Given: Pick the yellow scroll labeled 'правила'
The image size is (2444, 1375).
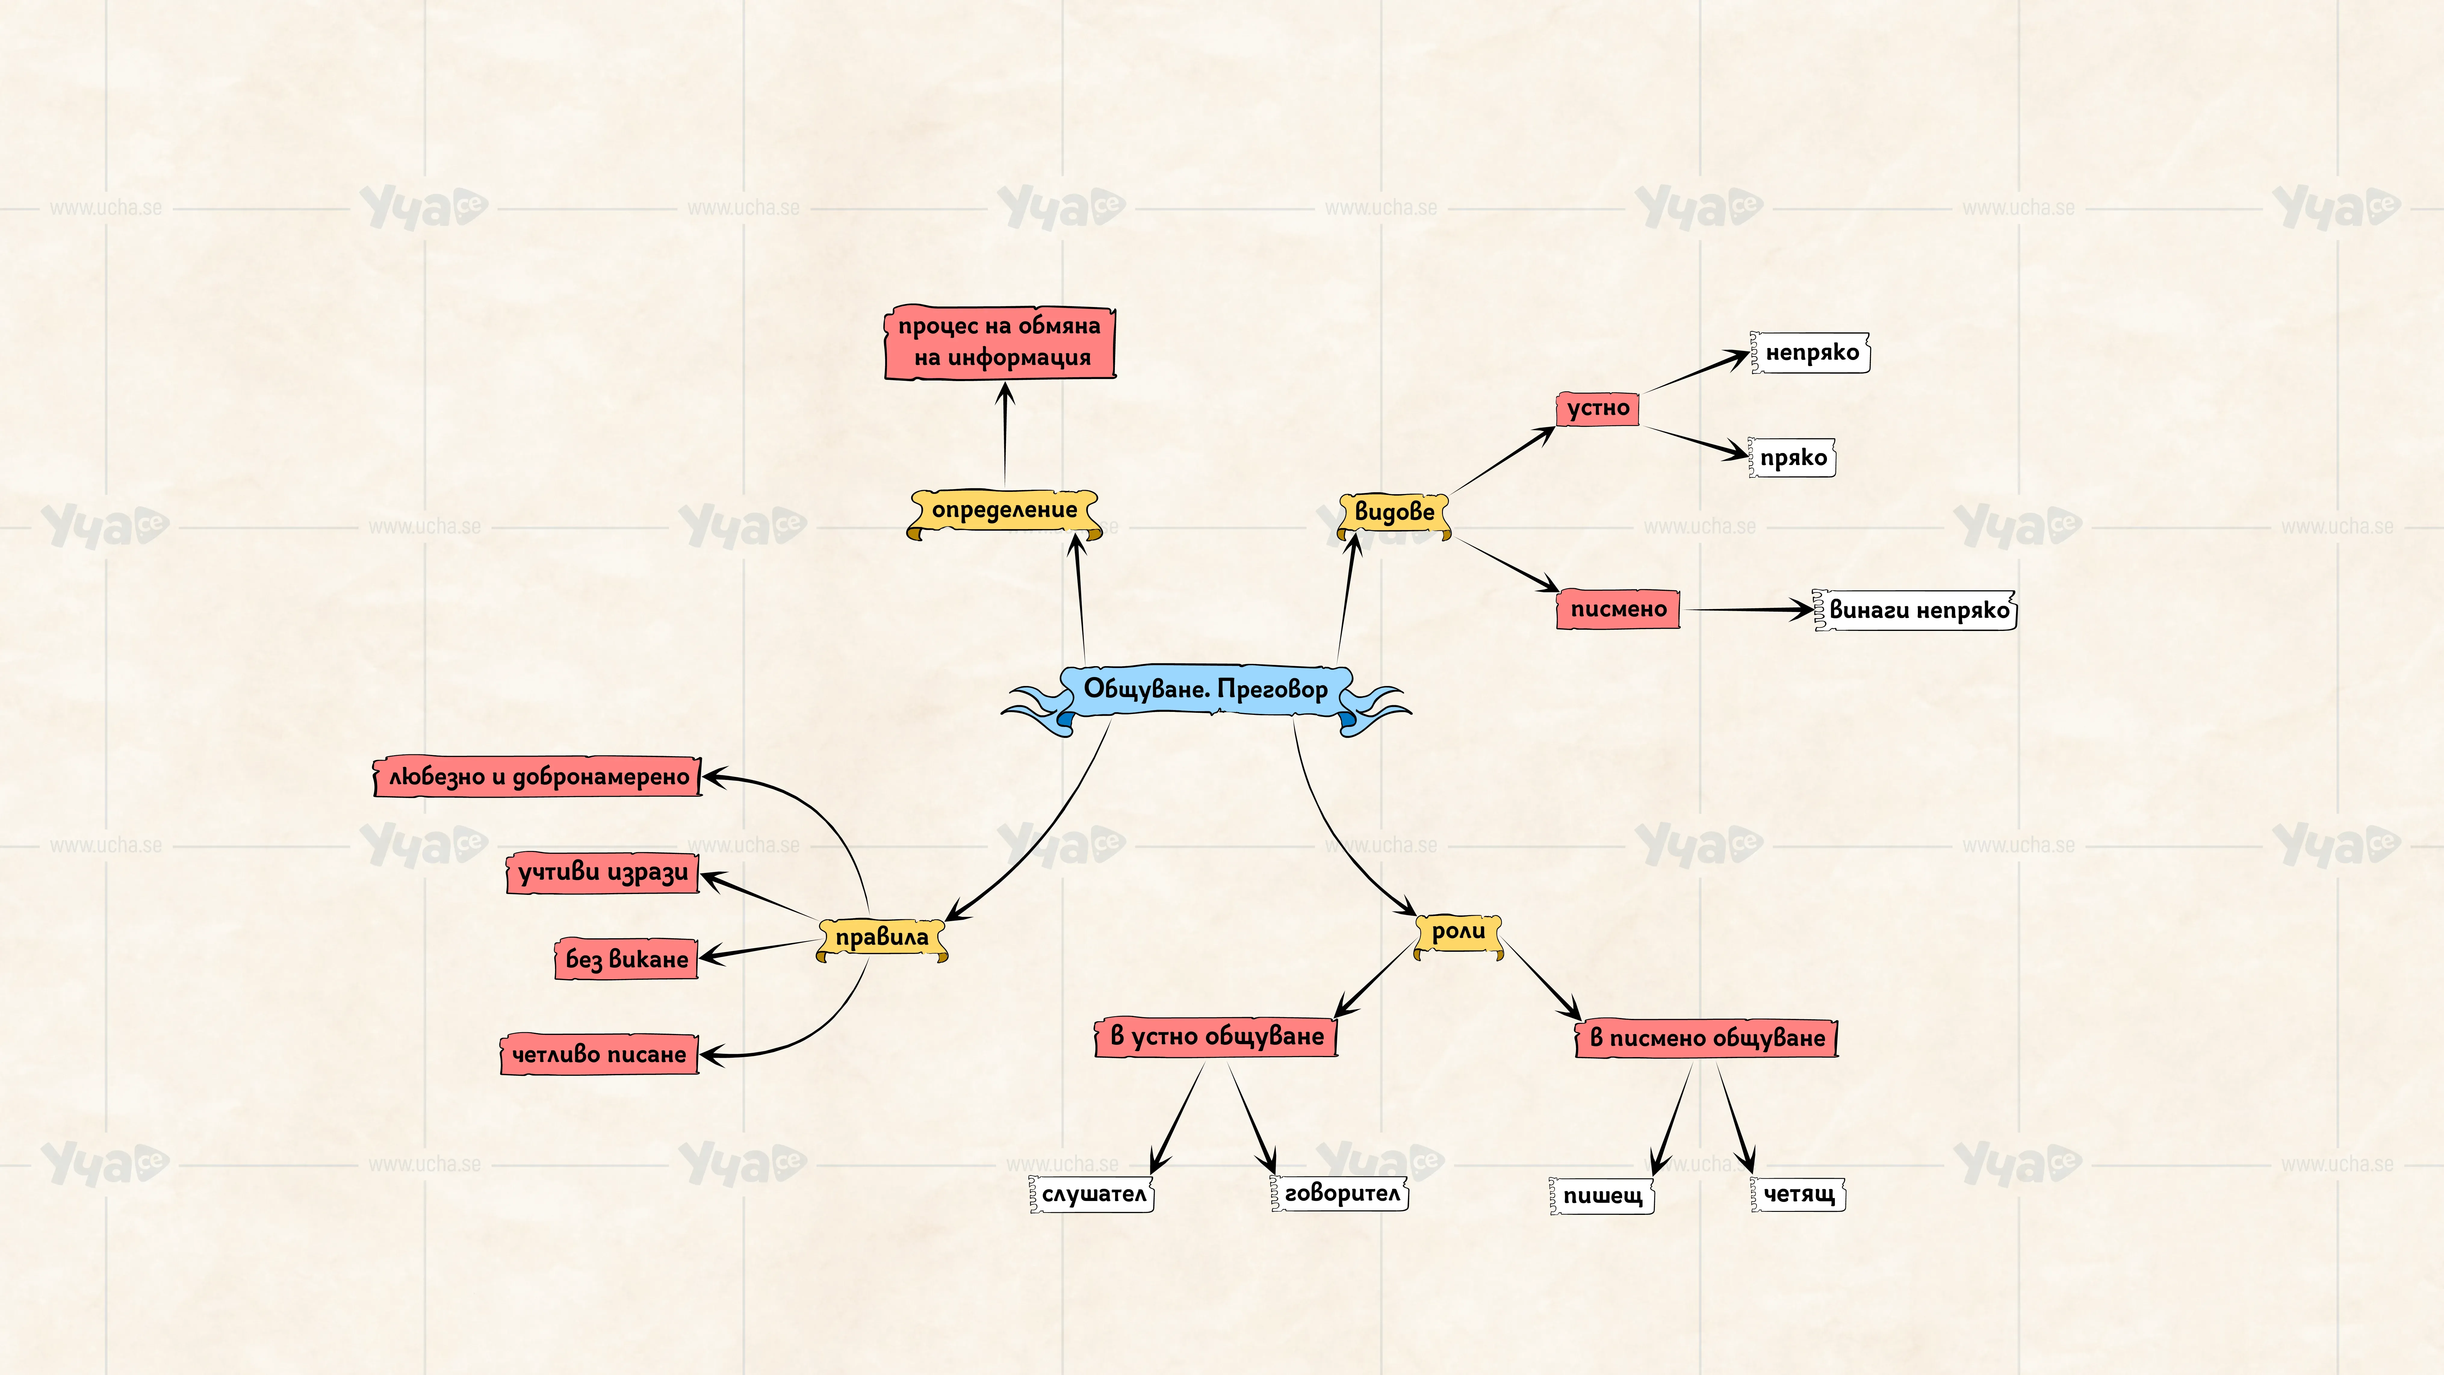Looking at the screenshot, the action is tap(881, 939).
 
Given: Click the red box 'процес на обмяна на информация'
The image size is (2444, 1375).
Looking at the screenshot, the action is tap(1000, 343).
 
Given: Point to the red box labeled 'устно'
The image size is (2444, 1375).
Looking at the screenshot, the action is tap(1598, 409).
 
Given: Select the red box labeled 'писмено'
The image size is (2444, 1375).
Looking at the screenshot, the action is tap(1617, 609).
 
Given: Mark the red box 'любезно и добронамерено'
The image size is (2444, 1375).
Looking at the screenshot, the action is tap(538, 777).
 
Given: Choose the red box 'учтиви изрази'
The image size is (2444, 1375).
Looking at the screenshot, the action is tap(603, 873).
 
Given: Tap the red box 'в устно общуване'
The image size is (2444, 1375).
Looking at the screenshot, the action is tap(1216, 1036).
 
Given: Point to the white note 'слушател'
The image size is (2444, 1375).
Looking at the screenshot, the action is tap(1091, 1194).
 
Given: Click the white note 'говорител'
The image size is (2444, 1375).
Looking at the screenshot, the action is tap(1339, 1193).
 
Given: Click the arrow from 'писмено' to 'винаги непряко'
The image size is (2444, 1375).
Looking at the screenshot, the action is tap(1748, 609).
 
